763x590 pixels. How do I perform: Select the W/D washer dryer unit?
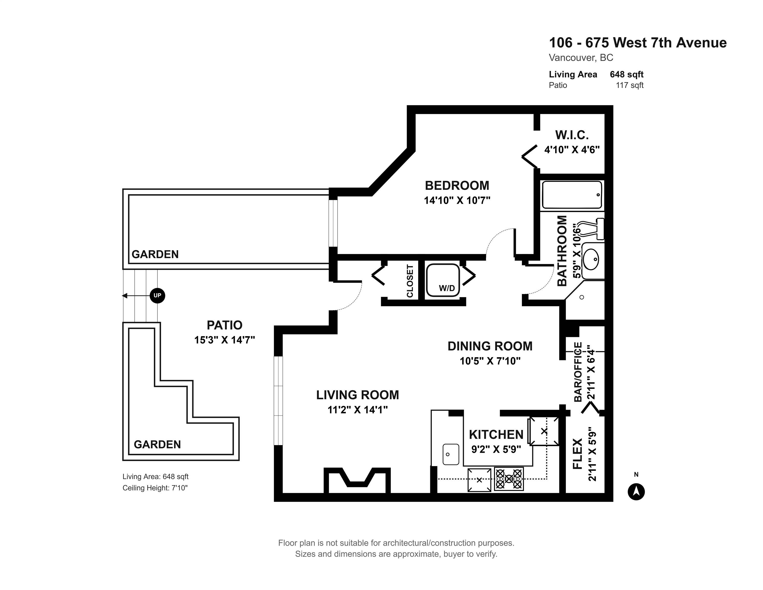pyautogui.click(x=443, y=280)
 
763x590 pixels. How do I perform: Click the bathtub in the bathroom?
pyautogui.click(x=572, y=195)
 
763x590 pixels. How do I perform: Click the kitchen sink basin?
pyautogui.click(x=451, y=454)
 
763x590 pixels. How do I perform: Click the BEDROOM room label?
pyautogui.click(x=457, y=185)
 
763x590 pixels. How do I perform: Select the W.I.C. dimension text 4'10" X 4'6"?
pyautogui.click(x=572, y=150)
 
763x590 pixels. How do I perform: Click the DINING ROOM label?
pyautogui.click(x=490, y=346)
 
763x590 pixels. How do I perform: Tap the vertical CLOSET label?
pyautogui.click(x=410, y=281)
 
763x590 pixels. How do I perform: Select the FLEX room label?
pyautogui.click(x=577, y=454)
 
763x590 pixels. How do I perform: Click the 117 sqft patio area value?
pyautogui.click(x=630, y=85)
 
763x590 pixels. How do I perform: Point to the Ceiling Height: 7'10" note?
pyautogui.click(x=155, y=488)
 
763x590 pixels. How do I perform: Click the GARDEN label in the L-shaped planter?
pyautogui.click(x=157, y=444)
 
